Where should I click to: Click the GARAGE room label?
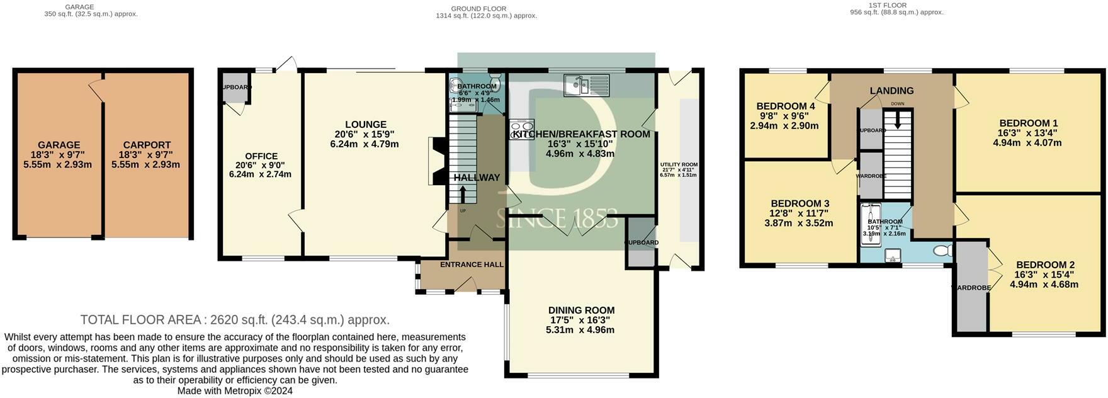(x=59, y=145)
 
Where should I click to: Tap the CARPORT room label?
(x=147, y=145)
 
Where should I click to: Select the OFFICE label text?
(x=261, y=156)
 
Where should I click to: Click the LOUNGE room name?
(x=365, y=125)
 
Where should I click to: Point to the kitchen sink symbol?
(x=586, y=84)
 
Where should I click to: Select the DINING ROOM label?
(x=580, y=310)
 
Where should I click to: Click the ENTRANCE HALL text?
(x=472, y=264)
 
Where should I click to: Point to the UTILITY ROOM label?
(x=679, y=165)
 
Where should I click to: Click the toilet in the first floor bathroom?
(x=942, y=251)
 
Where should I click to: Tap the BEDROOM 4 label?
(x=785, y=106)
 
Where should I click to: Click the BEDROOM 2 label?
(x=1044, y=265)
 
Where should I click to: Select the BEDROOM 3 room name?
(x=800, y=203)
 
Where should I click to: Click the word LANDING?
(x=891, y=91)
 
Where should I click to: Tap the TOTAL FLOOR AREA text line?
(x=235, y=320)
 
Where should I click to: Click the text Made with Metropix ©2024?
(x=235, y=391)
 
